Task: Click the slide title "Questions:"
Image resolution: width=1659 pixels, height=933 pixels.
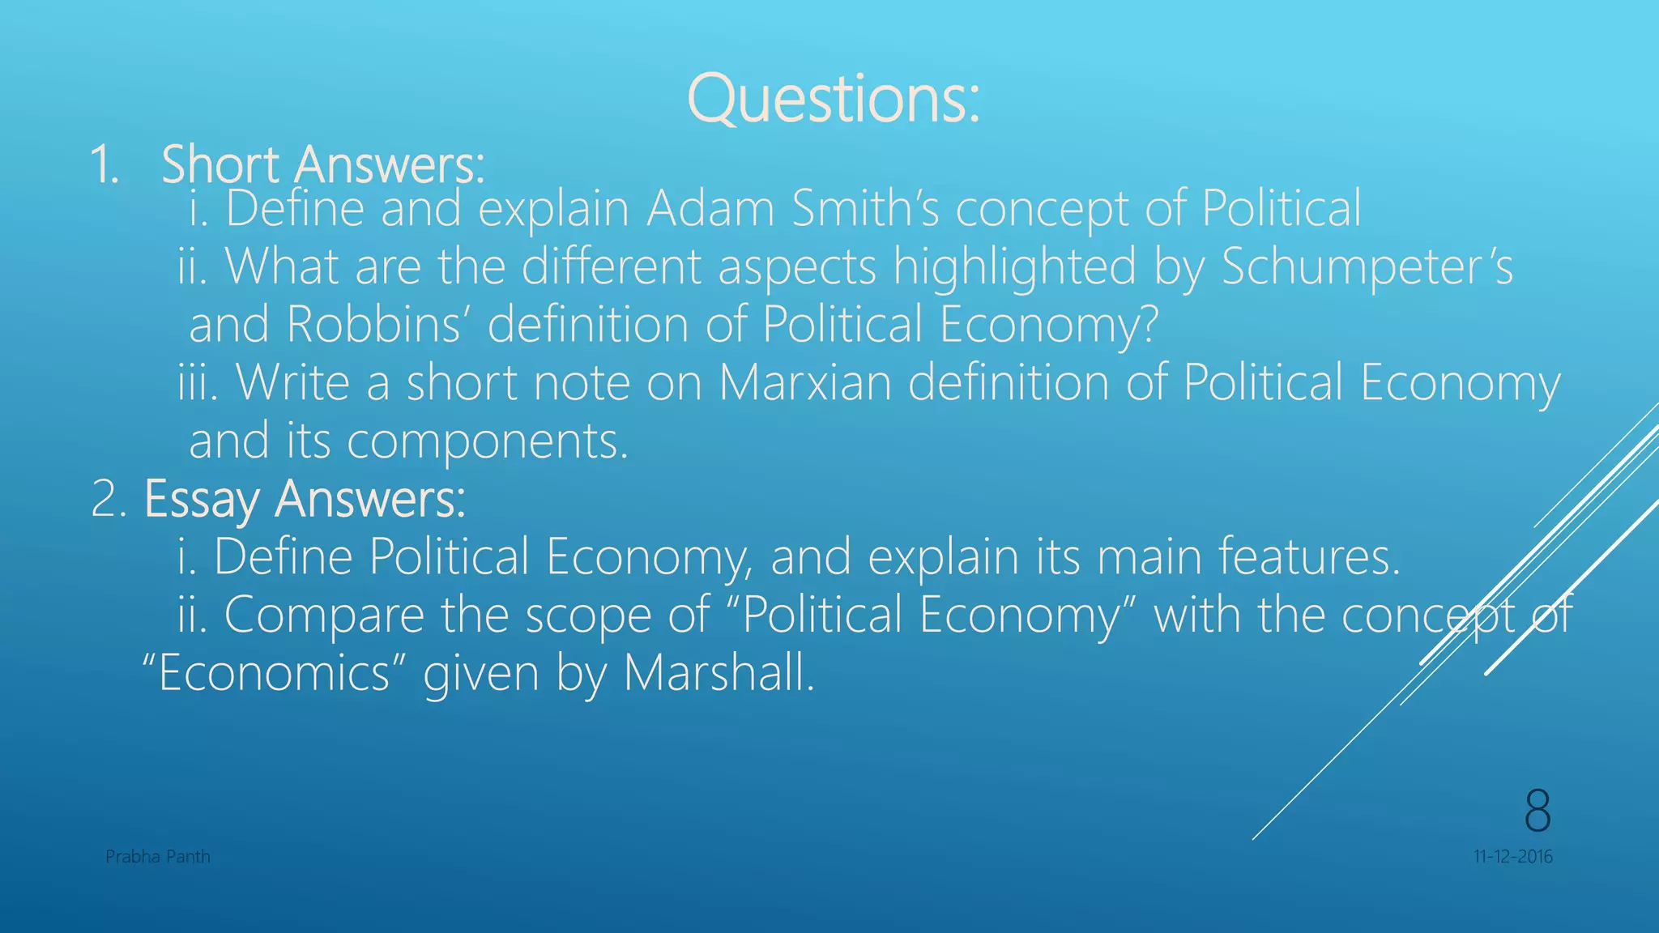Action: pyautogui.click(x=833, y=99)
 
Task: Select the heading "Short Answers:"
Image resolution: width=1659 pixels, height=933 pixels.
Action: pyautogui.click(x=323, y=164)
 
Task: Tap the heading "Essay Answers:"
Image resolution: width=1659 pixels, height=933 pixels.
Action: pyautogui.click(x=305, y=499)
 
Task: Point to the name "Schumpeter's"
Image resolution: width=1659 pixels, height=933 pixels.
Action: pyautogui.click(x=1367, y=267)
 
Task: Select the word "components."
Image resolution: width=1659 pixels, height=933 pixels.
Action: pyautogui.click(x=488, y=441)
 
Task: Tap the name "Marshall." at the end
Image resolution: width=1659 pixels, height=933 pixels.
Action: pyautogui.click(x=719, y=673)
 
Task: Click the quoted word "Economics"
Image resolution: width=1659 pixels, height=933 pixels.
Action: pyautogui.click(x=274, y=673)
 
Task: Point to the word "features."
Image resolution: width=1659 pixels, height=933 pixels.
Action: pyautogui.click(x=1309, y=557)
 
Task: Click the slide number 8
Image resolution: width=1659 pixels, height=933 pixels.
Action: pyautogui.click(x=1537, y=810)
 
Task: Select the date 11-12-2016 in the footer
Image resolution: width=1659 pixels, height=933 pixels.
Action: pyautogui.click(x=1512, y=857)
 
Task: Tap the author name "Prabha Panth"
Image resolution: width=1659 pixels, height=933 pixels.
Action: pyautogui.click(x=158, y=857)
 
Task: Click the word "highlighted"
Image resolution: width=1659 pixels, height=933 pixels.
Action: pyautogui.click(x=1015, y=267)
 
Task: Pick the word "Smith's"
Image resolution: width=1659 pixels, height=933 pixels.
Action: pyautogui.click(x=865, y=209)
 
